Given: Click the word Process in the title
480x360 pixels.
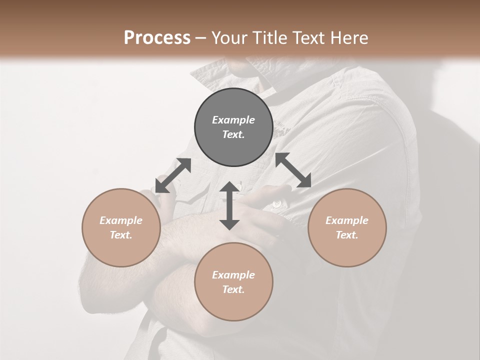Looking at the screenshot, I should (157, 38).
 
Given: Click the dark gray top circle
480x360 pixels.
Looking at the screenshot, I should (233, 127).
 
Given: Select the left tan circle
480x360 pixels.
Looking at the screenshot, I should (121, 227).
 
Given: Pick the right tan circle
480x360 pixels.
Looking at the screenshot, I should (347, 227).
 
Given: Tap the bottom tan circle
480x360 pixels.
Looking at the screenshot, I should (233, 282).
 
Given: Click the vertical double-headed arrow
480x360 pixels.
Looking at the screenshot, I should (229, 205).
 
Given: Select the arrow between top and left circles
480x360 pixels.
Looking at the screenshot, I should (173, 175).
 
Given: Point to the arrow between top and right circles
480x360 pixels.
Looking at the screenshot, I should (293, 170).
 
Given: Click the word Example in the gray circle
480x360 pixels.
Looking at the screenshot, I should (233, 120).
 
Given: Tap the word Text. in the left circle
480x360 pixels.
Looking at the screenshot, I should (121, 235).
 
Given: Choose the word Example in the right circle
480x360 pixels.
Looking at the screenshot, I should (347, 220).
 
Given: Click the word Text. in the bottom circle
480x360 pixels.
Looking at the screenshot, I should (233, 289).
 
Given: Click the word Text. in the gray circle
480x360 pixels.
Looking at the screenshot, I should (233, 134).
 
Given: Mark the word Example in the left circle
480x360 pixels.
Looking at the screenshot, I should (121, 220).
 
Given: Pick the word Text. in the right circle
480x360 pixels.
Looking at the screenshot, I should (347, 235).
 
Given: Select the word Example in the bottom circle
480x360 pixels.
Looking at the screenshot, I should (233, 275).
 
